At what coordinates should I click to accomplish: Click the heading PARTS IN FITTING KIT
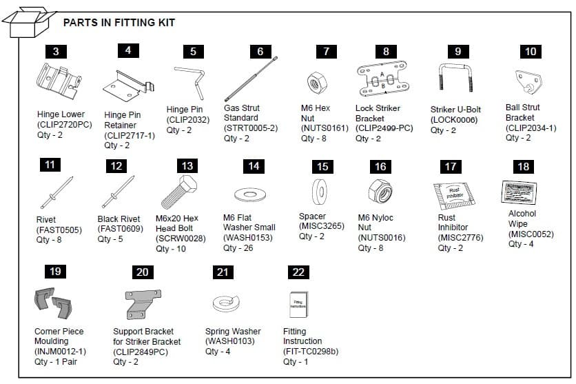[119, 23]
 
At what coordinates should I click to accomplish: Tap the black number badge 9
[457, 52]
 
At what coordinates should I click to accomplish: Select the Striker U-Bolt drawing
[455, 81]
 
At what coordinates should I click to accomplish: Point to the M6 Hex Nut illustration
[316, 82]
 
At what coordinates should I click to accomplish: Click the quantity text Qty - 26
[238, 248]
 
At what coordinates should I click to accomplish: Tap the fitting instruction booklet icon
[298, 303]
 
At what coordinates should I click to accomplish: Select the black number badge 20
[142, 272]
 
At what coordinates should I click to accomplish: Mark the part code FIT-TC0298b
[311, 352]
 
